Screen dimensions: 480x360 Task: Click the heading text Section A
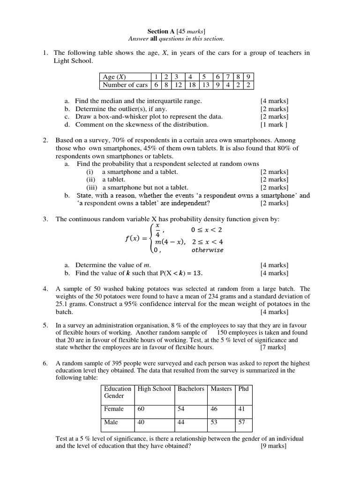click(x=161, y=31)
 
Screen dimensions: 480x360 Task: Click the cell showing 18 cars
click(x=192, y=85)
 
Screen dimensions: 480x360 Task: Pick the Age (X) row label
click(x=114, y=77)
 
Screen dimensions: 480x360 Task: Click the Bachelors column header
click(x=191, y=389)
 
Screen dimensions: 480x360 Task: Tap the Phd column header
click(x=244, y=389)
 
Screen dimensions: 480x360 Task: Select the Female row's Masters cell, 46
click(x=214, y=409)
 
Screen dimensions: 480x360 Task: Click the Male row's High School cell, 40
click(x=142, y=422)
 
